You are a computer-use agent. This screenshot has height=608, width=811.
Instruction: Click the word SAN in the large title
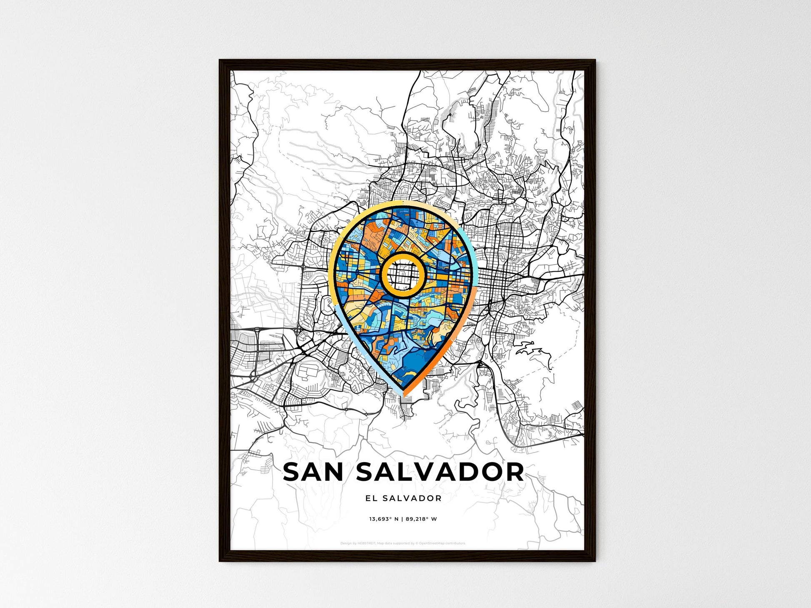point(313,472)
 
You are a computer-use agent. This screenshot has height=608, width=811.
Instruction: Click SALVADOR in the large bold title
point(440,472)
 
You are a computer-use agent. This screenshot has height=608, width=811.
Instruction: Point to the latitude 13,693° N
point(383,519)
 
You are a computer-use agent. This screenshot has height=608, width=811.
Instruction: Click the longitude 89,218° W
point(421,519)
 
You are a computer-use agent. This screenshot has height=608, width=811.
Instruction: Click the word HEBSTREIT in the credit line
point(366,543)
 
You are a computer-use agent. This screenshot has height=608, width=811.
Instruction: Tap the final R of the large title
point(514,472)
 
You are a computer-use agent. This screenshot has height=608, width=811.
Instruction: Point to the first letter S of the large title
point(292,472)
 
